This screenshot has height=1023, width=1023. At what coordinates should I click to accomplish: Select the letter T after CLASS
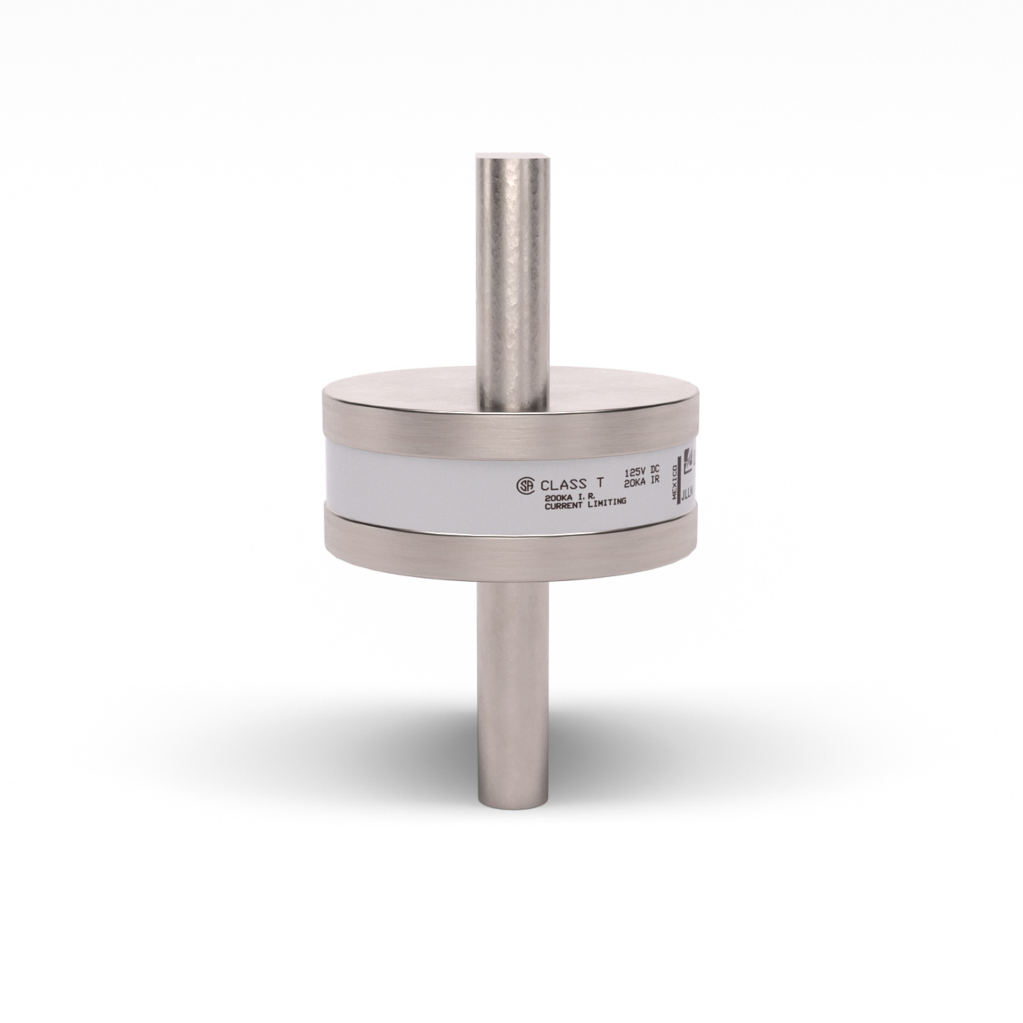point(599,484)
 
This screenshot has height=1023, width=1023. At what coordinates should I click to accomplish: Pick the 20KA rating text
point(634,481)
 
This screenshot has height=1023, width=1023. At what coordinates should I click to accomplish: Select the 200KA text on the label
point(558,497)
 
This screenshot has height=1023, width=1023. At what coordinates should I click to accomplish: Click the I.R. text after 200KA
point(588,496)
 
